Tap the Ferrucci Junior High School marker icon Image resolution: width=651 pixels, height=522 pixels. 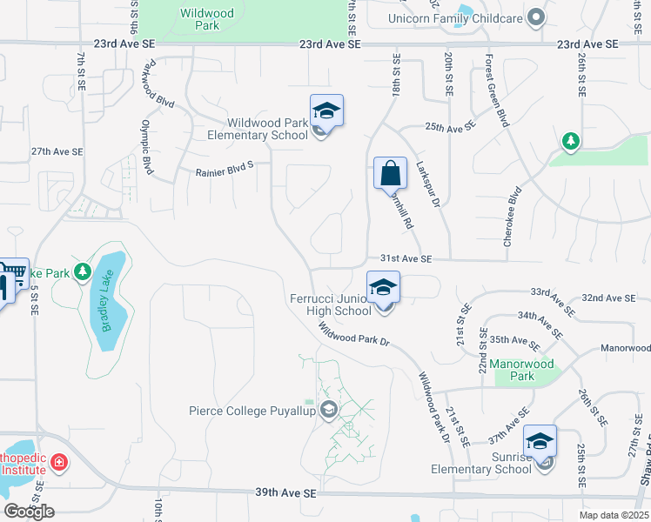coord(383,287)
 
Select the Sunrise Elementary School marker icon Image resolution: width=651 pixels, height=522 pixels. coord(540,441)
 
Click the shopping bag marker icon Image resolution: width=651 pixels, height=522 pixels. coord(390,172)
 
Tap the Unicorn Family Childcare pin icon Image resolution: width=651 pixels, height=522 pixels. coord(536,17)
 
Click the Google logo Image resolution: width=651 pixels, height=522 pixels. coord(29,511)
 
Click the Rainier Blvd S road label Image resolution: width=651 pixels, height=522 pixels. coord(211,172)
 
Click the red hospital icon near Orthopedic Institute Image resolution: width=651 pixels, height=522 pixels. coord(59,461)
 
